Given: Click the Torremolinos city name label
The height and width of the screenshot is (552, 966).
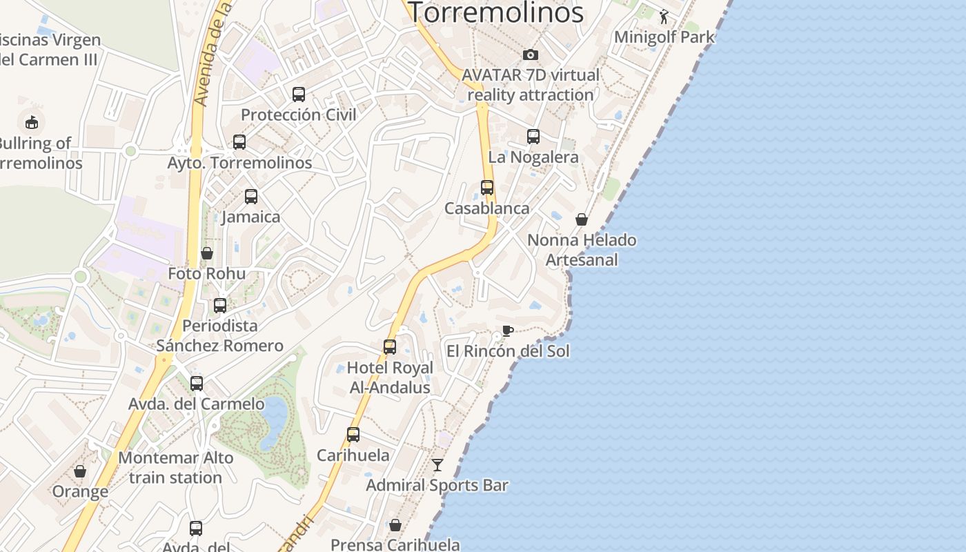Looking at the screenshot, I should tap(496, 12).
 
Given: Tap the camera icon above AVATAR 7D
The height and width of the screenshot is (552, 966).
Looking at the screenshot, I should tap(530, 55).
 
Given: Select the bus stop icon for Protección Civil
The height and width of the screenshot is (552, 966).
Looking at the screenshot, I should tap(299, 95).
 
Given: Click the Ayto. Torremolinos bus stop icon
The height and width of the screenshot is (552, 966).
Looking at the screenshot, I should tap(239, 142).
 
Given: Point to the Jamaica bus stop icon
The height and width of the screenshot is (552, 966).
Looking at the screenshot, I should tap(251, 197).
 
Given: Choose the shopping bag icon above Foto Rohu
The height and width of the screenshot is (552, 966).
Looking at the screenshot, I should tap(206, 253).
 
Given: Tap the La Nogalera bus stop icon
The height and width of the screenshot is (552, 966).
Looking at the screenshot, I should tap(533, 137).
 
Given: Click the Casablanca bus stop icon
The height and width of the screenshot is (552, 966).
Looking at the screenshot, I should tap(487, 188).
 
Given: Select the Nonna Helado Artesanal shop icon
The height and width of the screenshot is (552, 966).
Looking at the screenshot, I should tap(582, 219).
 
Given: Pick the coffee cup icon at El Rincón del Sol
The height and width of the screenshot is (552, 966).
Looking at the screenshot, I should tap(507, 331).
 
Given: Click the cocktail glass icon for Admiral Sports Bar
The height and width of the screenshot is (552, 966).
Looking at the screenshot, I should tap(437, 465).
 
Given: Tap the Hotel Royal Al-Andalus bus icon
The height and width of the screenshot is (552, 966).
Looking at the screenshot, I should tap(390, 347).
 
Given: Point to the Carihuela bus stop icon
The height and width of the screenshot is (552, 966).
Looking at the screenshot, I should tap(353, 435).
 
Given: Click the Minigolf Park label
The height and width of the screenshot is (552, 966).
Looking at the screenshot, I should tap(664, 37).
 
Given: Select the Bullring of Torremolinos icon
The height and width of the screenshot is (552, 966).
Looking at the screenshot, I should tap(32, 123).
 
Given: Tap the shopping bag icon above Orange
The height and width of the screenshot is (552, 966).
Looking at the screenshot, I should tap(80, 471).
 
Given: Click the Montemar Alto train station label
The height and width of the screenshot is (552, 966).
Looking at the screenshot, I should tap(175, 467).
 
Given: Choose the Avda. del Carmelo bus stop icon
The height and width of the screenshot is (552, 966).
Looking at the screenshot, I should tap(197, 384).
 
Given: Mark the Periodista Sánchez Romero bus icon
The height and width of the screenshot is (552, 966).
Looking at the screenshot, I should tap(220, 305).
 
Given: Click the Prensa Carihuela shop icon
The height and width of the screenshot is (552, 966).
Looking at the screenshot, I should tap(395, 526).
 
